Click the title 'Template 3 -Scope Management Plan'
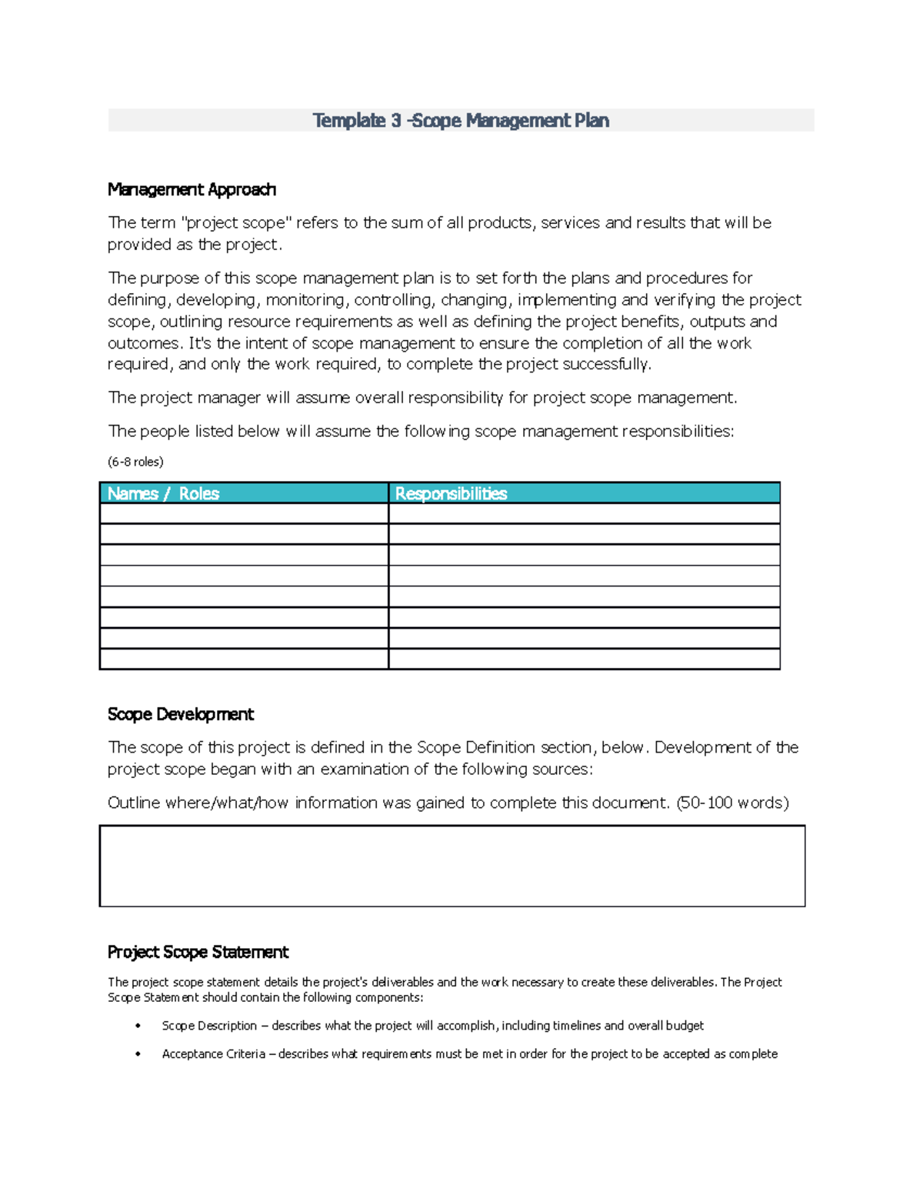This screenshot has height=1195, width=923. (x=461, y=121)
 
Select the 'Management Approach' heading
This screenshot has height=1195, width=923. (x=192, y=189)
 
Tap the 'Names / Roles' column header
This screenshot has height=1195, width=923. (x=163, y=493)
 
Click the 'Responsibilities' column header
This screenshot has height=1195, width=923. (x=451, y=493)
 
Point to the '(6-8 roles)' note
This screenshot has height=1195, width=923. (x=135, y=462)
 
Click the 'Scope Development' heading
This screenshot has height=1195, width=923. (x=181, y=714)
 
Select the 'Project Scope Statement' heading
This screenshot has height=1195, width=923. (x=198, y=952)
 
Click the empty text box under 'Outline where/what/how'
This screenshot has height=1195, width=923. (x=452, y=866)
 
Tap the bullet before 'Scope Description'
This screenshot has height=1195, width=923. (x=138, y=1026)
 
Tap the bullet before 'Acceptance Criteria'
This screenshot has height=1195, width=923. (x=138, y=1054)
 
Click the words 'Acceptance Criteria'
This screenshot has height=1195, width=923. (x=213, y=1054)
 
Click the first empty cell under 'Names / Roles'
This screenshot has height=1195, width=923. (x=244, y=513)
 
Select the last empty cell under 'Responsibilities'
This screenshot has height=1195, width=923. (x=584, y=659)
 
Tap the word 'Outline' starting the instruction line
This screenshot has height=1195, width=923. (x=134, y=803)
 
